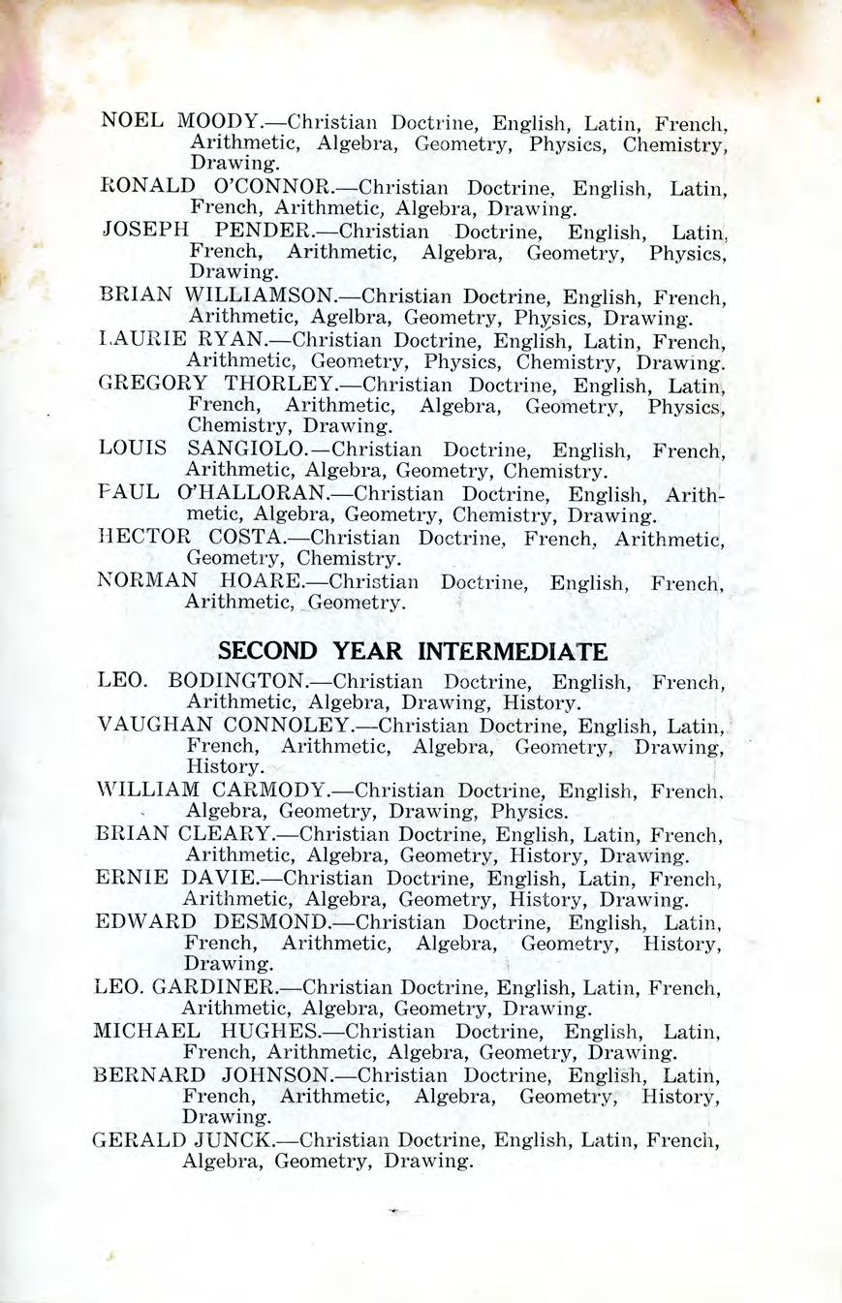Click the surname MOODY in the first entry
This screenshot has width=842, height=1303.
219,123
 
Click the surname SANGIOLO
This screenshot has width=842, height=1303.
247,450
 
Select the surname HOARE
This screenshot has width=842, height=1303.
262,581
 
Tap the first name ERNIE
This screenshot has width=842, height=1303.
134,878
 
